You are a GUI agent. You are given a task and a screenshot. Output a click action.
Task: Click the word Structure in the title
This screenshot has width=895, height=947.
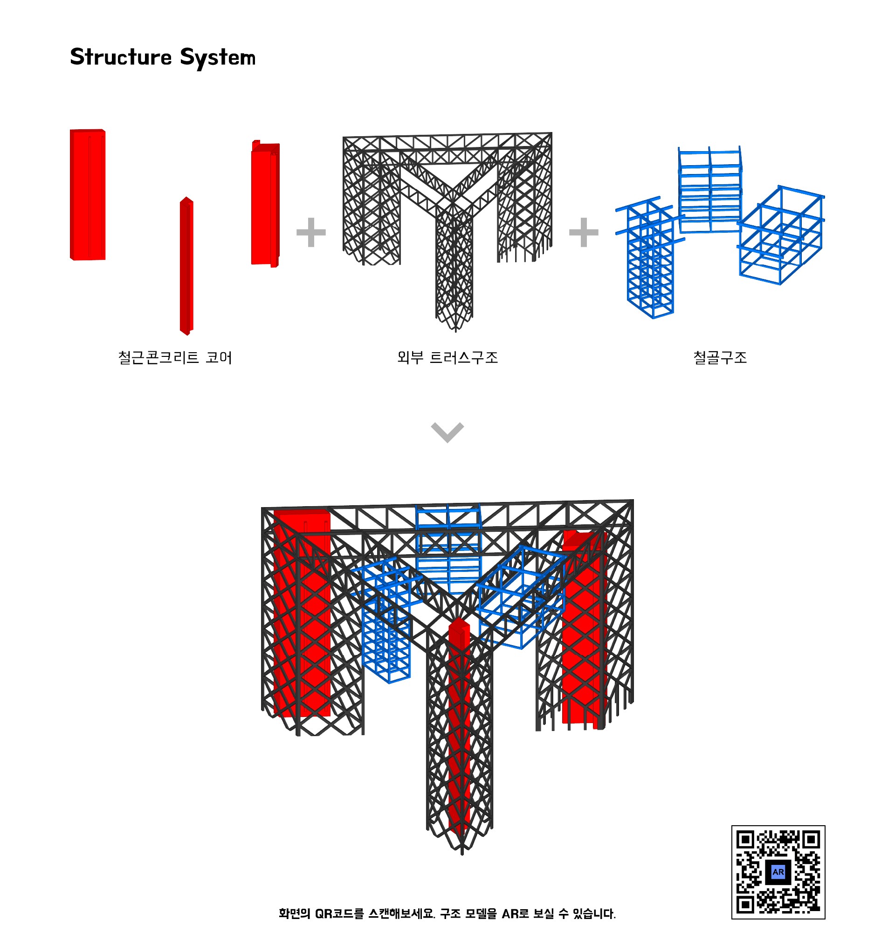[x=121, y=57]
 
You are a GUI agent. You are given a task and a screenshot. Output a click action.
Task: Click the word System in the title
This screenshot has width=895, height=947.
[x=218, y=58]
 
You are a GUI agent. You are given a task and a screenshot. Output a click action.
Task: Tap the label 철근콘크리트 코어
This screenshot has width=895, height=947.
[x=175, y=357]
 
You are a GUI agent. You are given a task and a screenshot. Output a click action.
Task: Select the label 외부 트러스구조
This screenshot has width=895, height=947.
[x=447, y=357]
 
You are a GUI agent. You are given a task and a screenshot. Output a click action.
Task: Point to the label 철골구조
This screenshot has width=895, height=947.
[x=720, y=357]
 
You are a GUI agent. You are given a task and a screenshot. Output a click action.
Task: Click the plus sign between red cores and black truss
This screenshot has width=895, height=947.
[x=311, y=232]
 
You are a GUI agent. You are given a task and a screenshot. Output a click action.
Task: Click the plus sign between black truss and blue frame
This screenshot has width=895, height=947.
[x=584, y=232]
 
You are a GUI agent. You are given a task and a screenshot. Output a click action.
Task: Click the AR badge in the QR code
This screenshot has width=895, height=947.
[x=778, y=872]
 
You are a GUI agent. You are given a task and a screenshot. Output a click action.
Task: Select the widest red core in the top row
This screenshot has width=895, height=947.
[x=88, y=195]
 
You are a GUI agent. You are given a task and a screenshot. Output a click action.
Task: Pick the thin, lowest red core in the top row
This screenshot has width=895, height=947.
[x=186, y=266]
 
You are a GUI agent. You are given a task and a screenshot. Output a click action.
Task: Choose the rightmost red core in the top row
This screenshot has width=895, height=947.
[x=265, y=204]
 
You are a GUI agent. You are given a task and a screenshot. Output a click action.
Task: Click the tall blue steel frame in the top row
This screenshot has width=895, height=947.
[x=650, y=258]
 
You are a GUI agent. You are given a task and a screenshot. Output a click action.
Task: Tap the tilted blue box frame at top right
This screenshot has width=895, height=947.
[x=781, y=235]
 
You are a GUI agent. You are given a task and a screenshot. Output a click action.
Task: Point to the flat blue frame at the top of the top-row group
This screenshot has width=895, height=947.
[x=710, y=189]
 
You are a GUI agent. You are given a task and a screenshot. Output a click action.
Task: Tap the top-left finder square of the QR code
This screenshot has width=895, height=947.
[x=745, y=840]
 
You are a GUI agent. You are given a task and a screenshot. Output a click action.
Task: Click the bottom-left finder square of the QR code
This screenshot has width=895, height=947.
[x=745, y=905]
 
